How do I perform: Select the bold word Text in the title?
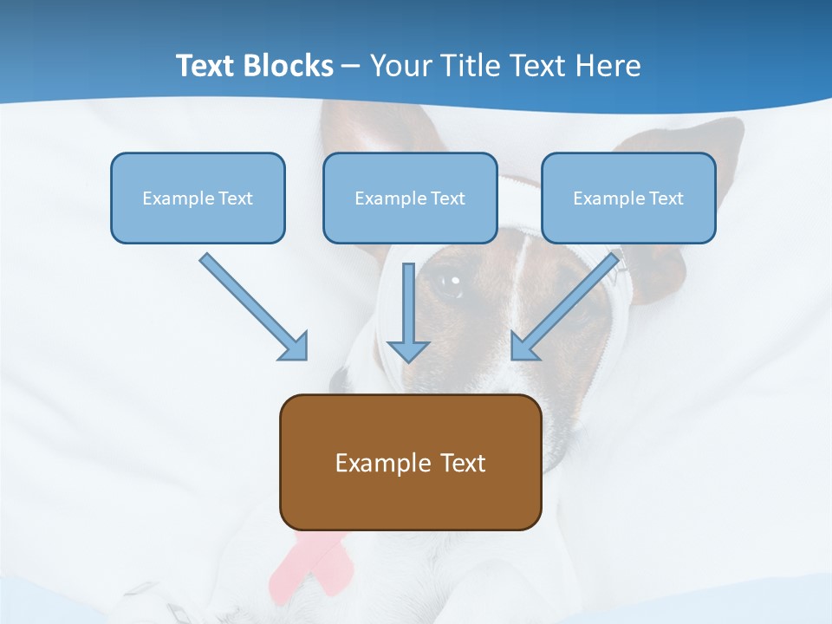pyautogui.click(x=207, y=66)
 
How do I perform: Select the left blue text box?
pyautogui.click(x=198, y=198)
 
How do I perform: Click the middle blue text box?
pyautogui.click(x=410, y=198)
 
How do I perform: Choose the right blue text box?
pyautogui.click(x=628, y=198)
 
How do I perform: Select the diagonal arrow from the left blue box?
pyautogui.click(x=254, y=307)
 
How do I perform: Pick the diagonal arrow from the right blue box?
pyautogui.click(x=564, y=307)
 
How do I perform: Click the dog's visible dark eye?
pyautogui.click(x=448, y=283)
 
